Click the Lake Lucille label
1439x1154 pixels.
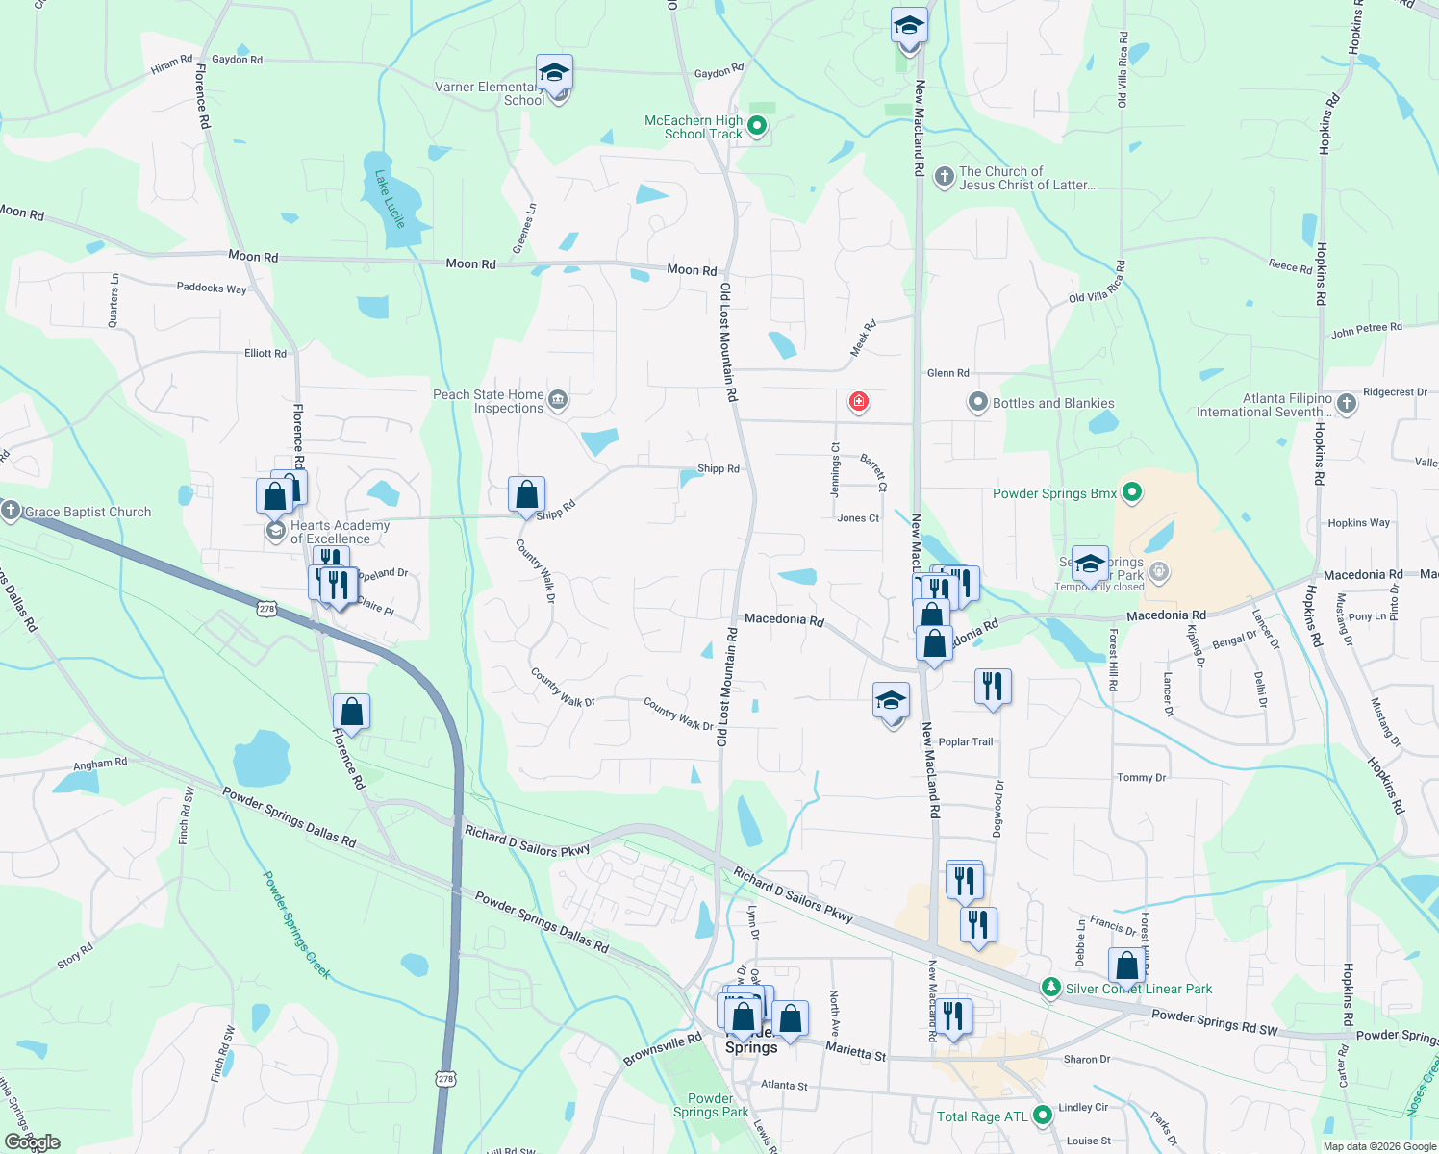click(x=390, y=199)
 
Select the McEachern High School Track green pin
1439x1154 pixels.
click(x=757, y=126)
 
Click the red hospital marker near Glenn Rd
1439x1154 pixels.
click(x=859, y=401)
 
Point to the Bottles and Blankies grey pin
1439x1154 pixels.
click(x=978, y=403)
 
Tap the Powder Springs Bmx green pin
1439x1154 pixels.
click(x=1132, y=493)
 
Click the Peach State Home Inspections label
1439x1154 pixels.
click(x=489, y=401)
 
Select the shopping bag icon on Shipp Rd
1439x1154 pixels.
click(x=526, y=495)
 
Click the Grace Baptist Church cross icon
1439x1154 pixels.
click(x=11, y=511)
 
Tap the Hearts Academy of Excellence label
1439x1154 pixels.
click(x=340, y=532)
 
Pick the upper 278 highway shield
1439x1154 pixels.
click(x=267, y=608)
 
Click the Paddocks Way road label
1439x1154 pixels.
click(x=212, y=288)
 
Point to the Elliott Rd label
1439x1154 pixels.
click(x=265, y=353)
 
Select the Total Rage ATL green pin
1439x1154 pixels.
click(x=1043, y=1116)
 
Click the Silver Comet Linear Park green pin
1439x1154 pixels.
click(x=1051, y=988)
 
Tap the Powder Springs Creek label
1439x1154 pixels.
click(x=297, y=924)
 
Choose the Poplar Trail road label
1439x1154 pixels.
click(x=966, y=741)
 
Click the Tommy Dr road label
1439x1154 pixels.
click(x=1142, y=777)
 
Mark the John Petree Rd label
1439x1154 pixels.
click(x=1367, y=330)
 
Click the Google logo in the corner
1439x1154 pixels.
click(x=32, y=1142)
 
